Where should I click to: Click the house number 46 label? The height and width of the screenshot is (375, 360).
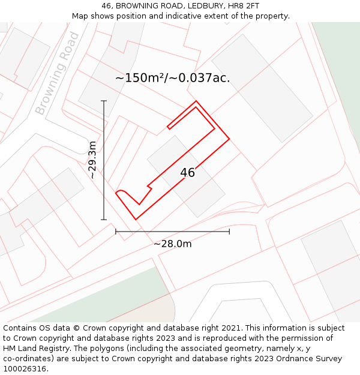coord(187,173)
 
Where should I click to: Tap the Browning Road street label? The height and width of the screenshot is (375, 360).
coord(57,73)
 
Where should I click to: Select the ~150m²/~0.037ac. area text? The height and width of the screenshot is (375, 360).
coord(172,78)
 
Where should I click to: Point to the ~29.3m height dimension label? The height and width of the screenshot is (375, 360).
coord(92,160)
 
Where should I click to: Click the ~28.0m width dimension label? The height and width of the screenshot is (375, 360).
coord(173,244)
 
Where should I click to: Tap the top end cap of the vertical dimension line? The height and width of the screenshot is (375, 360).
coord(104,101)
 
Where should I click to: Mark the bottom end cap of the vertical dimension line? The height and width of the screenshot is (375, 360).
coord(104,220)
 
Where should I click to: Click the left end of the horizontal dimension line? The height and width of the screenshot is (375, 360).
coord(116,232)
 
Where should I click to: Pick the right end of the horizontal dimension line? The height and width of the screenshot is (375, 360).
coord(229,232)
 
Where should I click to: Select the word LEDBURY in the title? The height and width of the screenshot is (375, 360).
coord(197,6)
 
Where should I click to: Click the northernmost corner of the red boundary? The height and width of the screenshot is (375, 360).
coord(196,101)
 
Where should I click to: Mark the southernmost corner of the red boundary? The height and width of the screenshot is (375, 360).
coord(136,220)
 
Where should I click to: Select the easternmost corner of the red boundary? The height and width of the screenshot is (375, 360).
coord(230,139)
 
